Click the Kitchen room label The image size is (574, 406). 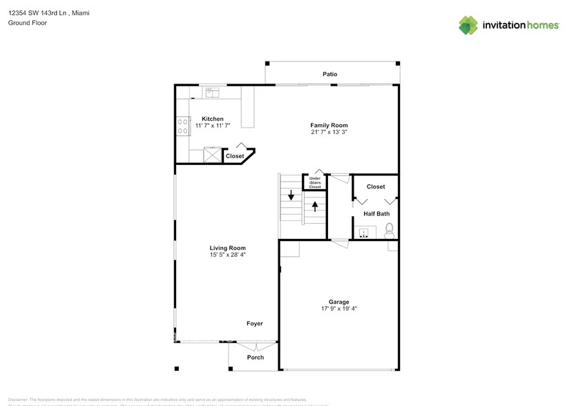click(212, 119)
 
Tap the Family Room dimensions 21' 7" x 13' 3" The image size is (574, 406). click(329, 132)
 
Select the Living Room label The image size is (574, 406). click(227, 248)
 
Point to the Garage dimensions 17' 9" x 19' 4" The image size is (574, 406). click(338, 309)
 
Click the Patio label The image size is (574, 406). click(329, 74)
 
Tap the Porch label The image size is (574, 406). click(255, 357)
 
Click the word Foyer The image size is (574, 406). click(254, 323)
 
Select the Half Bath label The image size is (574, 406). click(376, 213)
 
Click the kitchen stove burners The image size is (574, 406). click(183, 126)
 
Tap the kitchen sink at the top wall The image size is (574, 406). click(211, 91)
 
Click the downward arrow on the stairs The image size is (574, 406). click(291, 195)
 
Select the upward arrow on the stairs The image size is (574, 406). click(315, 206)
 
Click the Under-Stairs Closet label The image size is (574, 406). click(315, 183)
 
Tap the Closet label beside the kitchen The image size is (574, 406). click(235, 156)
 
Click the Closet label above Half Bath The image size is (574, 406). click(376, 186)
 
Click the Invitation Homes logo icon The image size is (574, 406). click(468, 26)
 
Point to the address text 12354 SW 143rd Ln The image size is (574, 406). click(38, 12)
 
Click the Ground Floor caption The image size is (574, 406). click(24, 23)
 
